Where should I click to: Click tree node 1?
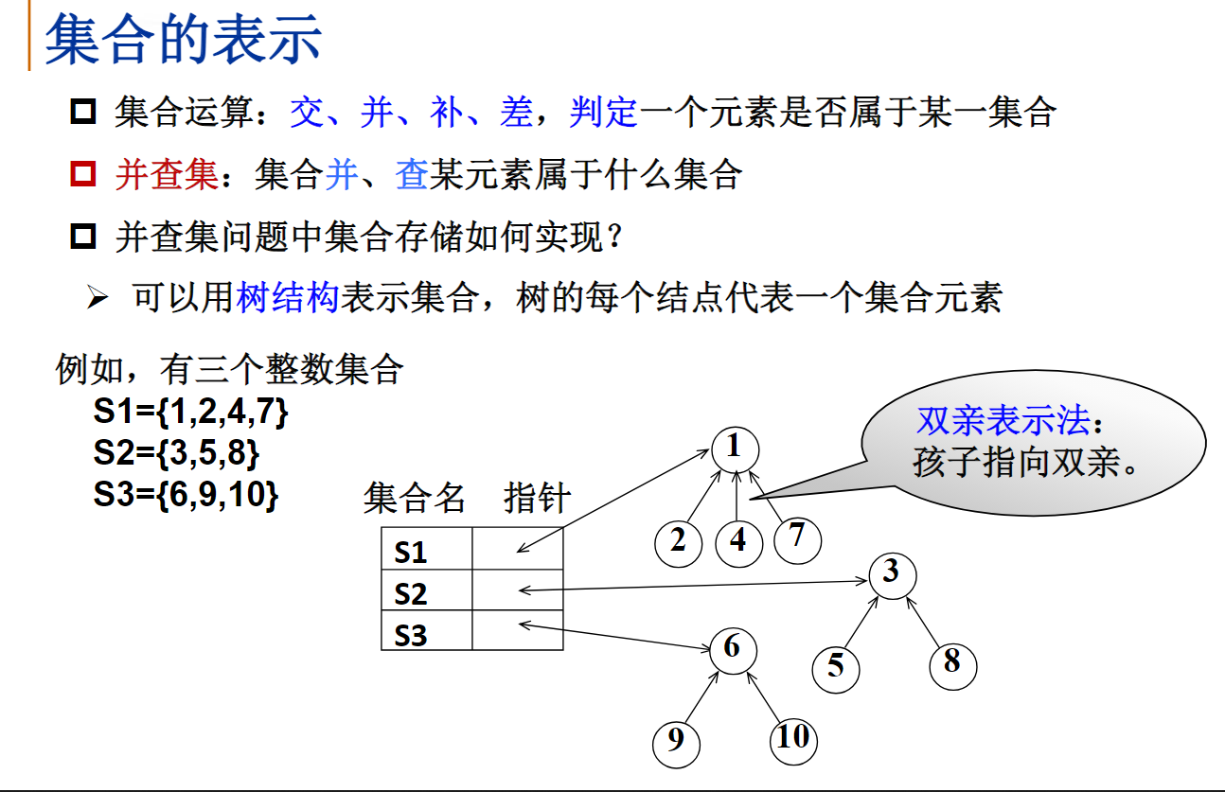tap(734, 446)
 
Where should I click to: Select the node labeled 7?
tap(797, 537)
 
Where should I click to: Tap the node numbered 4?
tap(738, 540)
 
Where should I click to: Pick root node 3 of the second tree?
tap(890, 573)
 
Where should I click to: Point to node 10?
tap(793, 737)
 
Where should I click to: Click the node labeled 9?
tap(676, 740)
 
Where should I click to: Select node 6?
tap(732, 648)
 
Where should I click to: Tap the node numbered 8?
tap(951, 662)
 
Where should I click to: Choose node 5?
tap(835, 666)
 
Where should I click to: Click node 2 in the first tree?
tap(678, 541)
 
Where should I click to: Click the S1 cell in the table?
tap(426, 551)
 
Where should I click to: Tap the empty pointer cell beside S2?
tap(517, 591)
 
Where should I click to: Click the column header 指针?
tap(537, 497)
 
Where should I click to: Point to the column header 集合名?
tap(415, 497)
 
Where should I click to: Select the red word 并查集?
tap(167, 174)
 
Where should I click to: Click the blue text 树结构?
tap(287, 298)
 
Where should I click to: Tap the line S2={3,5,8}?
tap(176, 454)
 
